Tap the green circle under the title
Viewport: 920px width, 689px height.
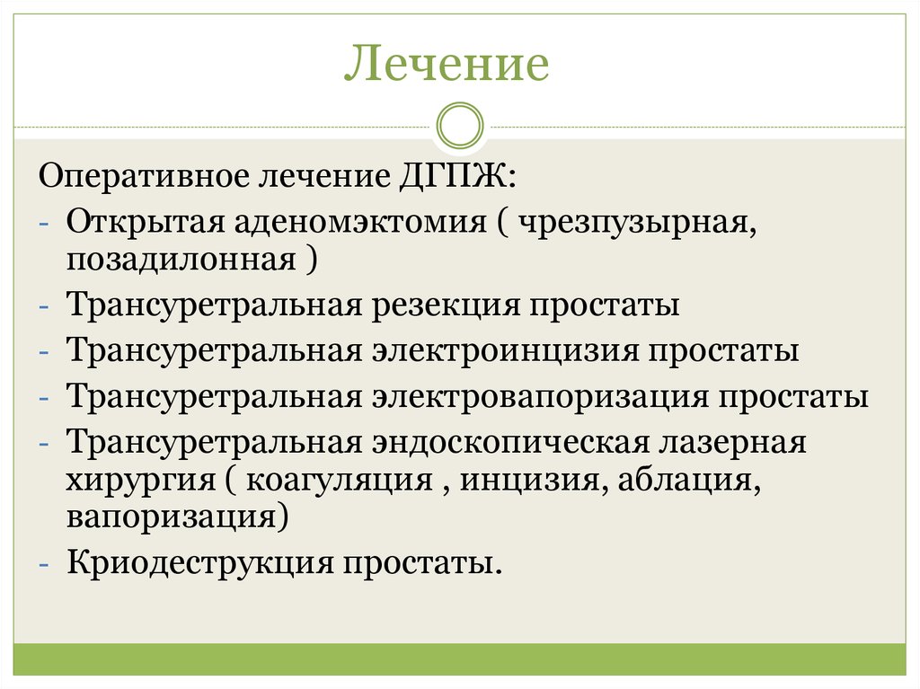(x=459, y=126)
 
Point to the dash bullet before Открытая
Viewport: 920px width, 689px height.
(x=46, y=222)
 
